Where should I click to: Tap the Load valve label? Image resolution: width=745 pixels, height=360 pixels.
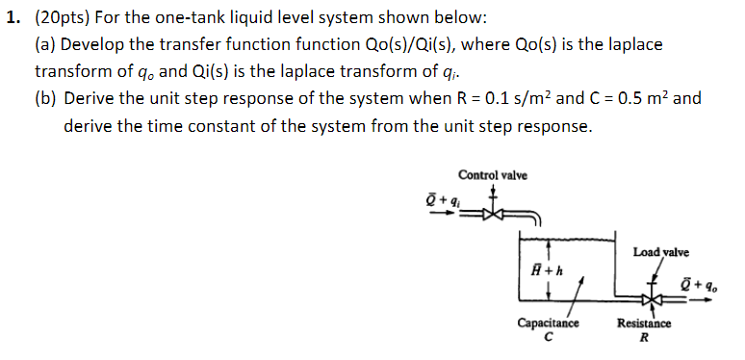coord(660,252)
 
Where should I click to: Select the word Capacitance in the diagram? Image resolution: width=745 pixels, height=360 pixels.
coord(548,324)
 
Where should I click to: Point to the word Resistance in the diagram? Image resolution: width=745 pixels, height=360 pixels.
coord(644,324)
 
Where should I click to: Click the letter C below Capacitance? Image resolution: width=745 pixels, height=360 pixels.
coord(548,338)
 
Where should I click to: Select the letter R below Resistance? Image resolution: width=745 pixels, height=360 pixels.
coord(644,338)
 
